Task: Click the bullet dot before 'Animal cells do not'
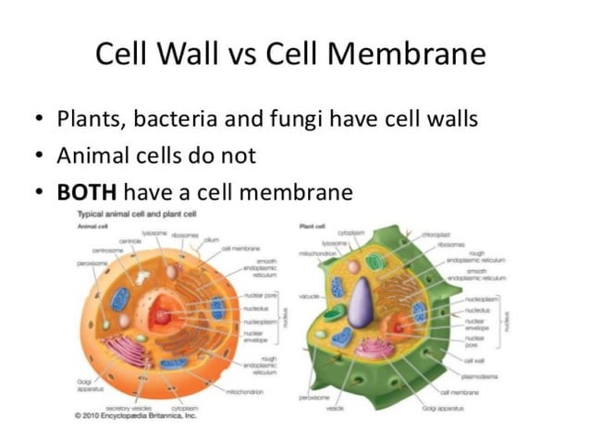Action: click(x=38, y=157)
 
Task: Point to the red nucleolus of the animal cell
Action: click(x=163, y=317)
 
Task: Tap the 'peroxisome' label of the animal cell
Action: click(x=92, y=263)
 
